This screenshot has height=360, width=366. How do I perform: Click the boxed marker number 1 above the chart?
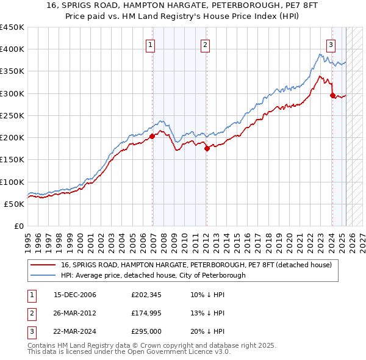coord(150,44)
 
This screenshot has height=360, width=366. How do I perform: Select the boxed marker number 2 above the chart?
coord(206,44)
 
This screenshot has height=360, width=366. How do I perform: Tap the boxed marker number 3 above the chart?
coord(330,44)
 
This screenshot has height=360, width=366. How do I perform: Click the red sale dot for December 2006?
coord(152,137)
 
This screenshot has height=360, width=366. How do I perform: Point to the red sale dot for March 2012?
coord(207,148)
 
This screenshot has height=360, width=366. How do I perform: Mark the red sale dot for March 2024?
coord(332,95)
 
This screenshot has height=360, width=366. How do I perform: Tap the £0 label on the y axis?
coord(20,226)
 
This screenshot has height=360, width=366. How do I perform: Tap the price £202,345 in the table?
coord(145,295)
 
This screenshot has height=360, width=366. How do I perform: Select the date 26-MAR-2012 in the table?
coord(75,312)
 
